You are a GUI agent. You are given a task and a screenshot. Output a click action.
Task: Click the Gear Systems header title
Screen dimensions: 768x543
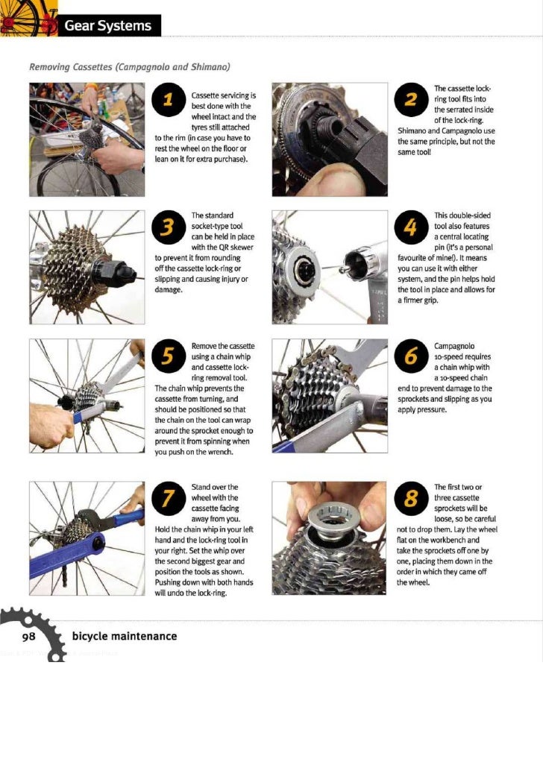[107, 26]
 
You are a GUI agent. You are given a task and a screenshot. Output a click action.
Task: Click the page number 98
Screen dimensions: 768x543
[29, 636]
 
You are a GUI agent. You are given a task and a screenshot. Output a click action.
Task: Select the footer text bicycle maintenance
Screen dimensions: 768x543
[125, 636]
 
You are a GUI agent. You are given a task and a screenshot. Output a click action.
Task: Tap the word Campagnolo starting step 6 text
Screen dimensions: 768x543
[454, 347]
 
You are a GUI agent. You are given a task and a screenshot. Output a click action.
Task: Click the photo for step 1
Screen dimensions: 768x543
[87, 139]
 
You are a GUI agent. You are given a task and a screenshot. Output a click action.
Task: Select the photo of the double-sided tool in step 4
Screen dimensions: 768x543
[329, 267]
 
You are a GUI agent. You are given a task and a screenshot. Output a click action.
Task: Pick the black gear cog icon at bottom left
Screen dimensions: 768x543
[34, 630]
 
